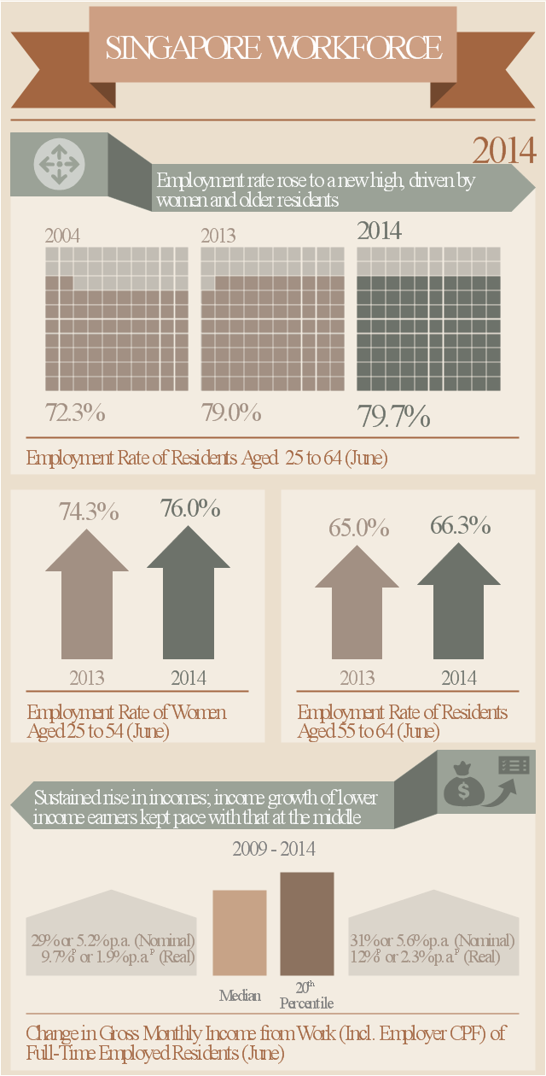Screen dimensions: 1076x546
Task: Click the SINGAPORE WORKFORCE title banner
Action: (x=273, y=48)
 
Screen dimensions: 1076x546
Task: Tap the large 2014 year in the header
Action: (x=504, y=151)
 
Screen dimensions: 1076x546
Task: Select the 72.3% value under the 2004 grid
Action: (x=75, y=413)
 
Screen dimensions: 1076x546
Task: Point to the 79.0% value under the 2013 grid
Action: (x=231, y=413)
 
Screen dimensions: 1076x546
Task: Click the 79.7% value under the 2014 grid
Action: (x=393, y=417)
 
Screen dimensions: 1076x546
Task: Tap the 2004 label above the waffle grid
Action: (x=62, y=236)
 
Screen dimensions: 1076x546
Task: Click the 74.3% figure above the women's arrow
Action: (x=89, y=512)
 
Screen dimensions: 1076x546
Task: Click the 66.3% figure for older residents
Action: (x=460, y=525)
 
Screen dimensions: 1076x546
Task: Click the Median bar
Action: (x=240, y=933)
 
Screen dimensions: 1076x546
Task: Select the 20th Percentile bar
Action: (x=307, y=923)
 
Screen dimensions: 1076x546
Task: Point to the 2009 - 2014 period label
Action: (x=274, y=850)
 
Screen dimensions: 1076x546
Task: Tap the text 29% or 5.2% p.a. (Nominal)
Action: (x=113, y=940)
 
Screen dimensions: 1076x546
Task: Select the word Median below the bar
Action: (x=240, y=996)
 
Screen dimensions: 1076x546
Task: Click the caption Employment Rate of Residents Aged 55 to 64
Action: (x=403, y=721)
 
